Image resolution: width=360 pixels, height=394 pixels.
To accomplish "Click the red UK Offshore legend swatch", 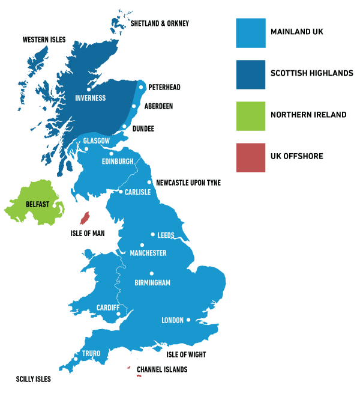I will (x=251, y=157).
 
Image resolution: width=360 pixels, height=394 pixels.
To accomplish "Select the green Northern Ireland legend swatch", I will (x=251, y=115).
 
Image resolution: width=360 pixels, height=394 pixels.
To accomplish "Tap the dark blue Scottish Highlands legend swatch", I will (x=251, y=74).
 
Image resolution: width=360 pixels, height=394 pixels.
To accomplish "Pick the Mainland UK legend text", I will (x=296, y=32).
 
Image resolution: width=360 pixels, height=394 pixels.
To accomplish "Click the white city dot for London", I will (x=188, y=320).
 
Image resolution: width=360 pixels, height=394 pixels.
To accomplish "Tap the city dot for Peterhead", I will (x=141, y=87).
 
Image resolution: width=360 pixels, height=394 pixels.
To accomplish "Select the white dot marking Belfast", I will (x=54, y=205).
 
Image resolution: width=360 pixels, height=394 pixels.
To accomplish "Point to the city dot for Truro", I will (x=76, y=359).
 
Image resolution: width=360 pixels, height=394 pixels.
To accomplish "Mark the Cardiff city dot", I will (x=119, y=314).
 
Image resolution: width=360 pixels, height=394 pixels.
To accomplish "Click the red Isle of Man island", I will (x=85, y=218).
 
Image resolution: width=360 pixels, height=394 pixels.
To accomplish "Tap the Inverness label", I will (x=91, y=98).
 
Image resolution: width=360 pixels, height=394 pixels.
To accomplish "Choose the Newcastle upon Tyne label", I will (x=188, y=182).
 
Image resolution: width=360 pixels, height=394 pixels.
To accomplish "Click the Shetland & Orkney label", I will (x=160, y=23).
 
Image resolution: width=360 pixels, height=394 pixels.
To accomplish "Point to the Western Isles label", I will (x=44, y=40).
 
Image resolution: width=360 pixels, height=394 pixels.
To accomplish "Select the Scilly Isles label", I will (x=34, y=379).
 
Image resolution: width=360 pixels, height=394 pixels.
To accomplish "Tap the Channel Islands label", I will (x=162, y=369).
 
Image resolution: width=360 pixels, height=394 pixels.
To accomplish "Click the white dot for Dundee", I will (x=124, y=126).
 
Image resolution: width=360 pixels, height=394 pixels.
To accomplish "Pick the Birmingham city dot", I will (x=151, y=273).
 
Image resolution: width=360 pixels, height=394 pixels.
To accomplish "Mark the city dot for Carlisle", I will (x=121, y=192).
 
